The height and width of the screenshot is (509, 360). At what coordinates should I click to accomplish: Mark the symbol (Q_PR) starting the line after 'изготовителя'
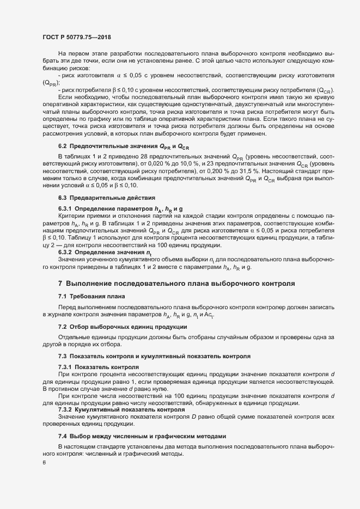pos(50,83)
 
